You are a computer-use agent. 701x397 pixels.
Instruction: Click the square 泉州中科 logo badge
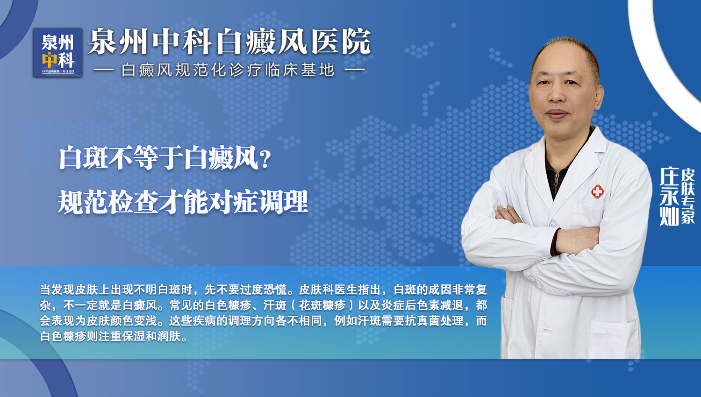point(57,52)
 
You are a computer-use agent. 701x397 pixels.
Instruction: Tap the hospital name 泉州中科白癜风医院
point(229,42)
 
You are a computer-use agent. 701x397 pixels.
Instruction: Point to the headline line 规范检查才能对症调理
point(183,202)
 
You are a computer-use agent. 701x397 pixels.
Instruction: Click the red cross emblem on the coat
point(597,191)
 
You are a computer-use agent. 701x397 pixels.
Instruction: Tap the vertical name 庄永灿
point(669,197)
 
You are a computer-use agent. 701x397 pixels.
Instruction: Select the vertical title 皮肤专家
point(688,197)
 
